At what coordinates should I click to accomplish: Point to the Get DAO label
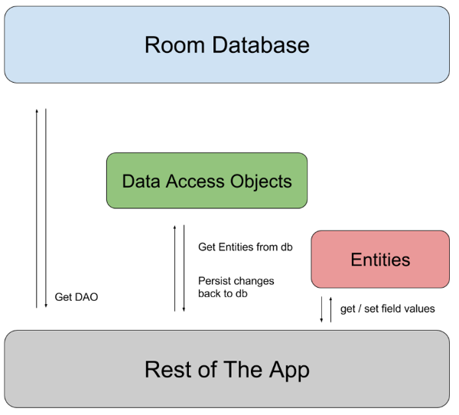point(76,297)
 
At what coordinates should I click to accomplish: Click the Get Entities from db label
point(245,247)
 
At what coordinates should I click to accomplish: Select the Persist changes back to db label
point(236,286)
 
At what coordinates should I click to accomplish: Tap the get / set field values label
point(387,309)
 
